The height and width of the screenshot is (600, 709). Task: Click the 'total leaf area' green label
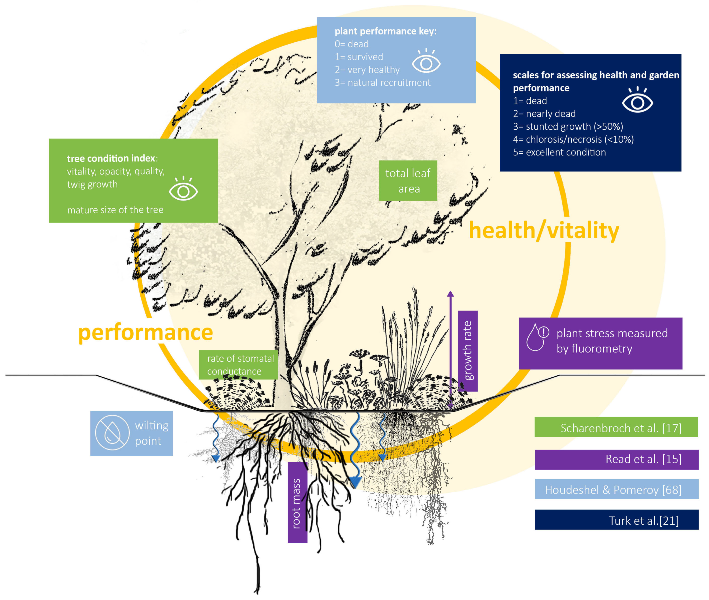tap(408, 181)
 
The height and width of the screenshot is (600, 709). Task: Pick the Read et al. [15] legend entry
tap(616, 459)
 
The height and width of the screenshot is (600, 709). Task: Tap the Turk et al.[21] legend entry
tap(616, 520)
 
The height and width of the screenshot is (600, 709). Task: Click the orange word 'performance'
tap(146, 332)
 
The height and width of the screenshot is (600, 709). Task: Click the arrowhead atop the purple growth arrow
tap(450, 294)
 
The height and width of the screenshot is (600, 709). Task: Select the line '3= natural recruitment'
tap(382, 83)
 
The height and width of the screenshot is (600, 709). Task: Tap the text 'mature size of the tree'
tap(115, 210)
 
